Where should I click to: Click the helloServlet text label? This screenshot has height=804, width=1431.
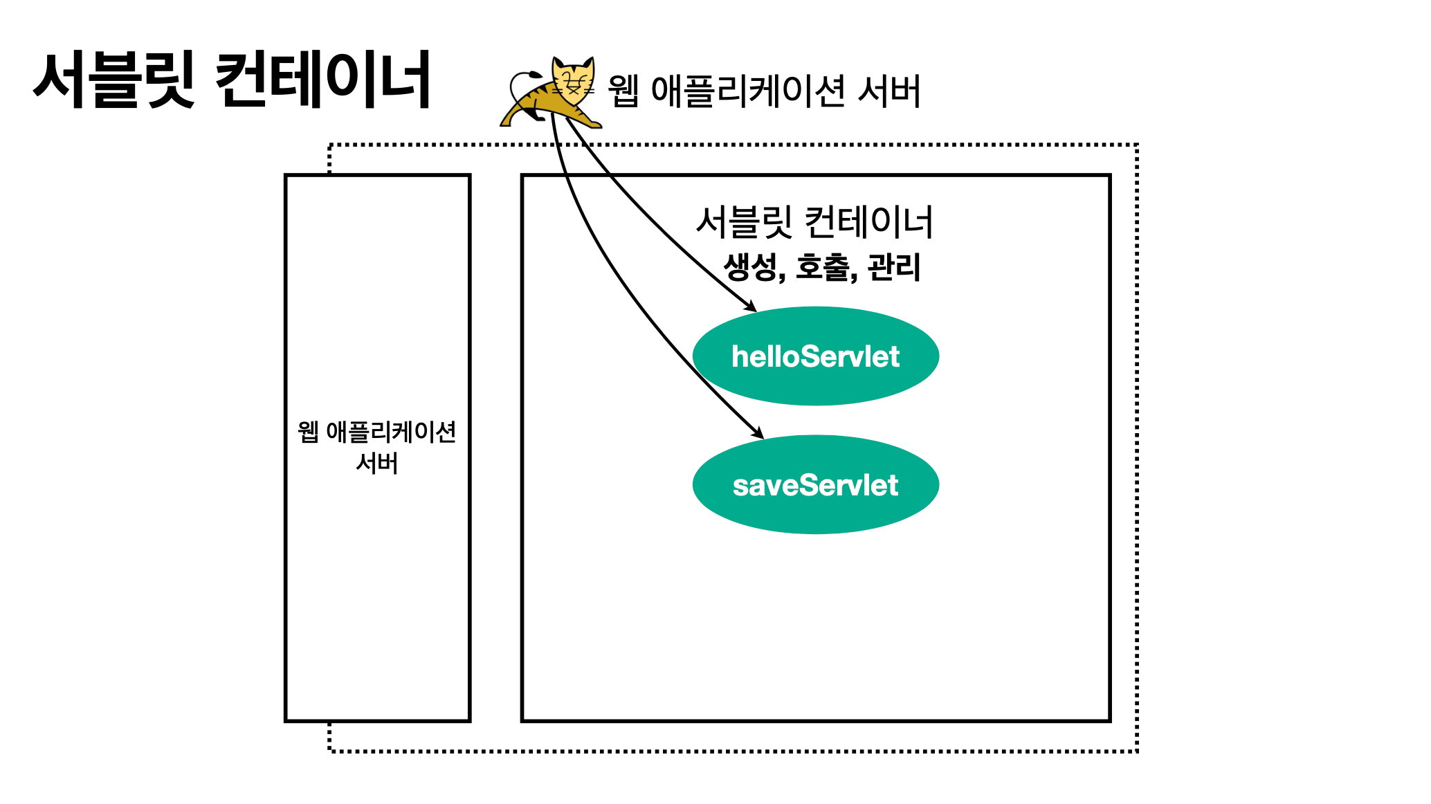tap(815, 357)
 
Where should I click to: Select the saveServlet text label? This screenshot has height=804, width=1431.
tap(815, 486)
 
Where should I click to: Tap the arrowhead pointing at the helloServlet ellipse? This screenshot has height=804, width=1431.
tap(751, 307)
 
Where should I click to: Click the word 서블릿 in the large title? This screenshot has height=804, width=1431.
tap(114, 80)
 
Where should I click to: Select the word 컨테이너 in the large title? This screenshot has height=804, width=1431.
tap(323, 80)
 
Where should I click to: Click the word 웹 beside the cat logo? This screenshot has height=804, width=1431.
tap(623, 91)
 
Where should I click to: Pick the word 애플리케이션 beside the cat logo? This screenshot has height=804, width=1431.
tap(748, 91)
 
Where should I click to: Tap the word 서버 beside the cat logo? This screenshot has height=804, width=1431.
tap(889, 91)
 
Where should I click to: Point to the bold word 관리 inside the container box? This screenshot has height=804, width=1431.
tap(894, 267)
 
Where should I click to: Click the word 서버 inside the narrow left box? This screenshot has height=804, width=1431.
tap(377, 464)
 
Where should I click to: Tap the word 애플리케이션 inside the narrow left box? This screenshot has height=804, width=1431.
tap(391, 432)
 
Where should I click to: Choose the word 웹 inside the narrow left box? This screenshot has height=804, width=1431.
tap(308, 432)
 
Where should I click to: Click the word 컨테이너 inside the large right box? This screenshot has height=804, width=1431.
tap(869, 223)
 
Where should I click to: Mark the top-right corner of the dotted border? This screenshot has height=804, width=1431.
tap(1136, 145)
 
